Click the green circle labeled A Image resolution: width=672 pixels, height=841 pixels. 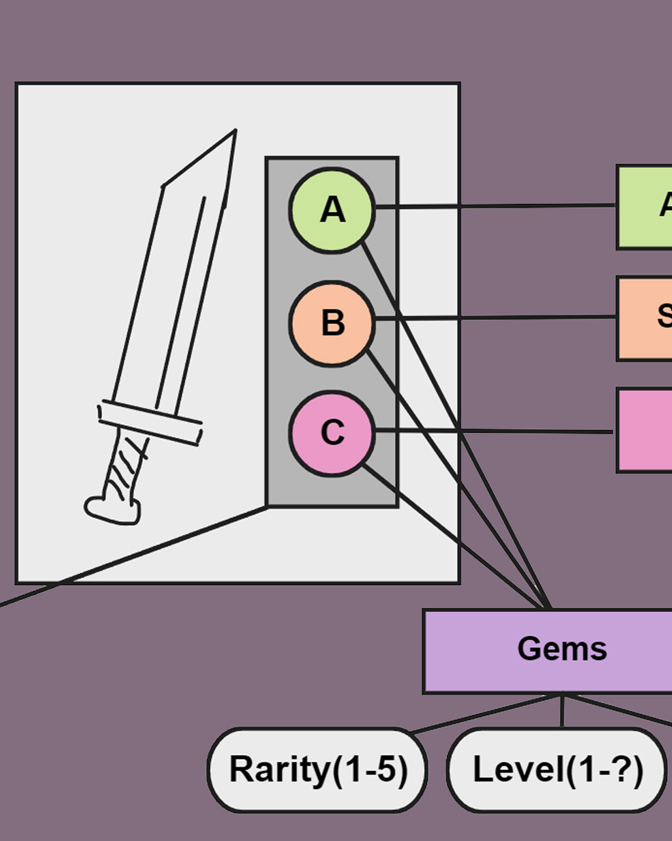332,210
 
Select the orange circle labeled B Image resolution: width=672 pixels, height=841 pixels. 332,323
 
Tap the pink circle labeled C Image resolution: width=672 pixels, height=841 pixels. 332,432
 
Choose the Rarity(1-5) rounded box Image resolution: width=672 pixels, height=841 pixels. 318,769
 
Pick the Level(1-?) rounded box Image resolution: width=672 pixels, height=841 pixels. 556,769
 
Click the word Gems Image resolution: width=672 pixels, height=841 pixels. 562,649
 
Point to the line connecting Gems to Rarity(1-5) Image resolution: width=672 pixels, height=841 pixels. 486,713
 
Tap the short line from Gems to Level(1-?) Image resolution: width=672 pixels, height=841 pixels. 562,711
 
